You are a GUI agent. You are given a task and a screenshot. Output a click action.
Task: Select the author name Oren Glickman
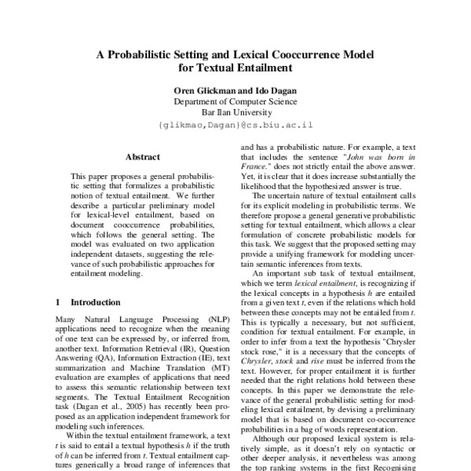[x=201, y=91]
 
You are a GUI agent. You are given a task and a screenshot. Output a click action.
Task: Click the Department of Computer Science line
[x=235, y=101]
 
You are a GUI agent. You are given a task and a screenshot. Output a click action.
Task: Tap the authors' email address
[x=235, y=124]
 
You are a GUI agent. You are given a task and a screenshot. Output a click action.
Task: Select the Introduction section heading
[x=95, y=301]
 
